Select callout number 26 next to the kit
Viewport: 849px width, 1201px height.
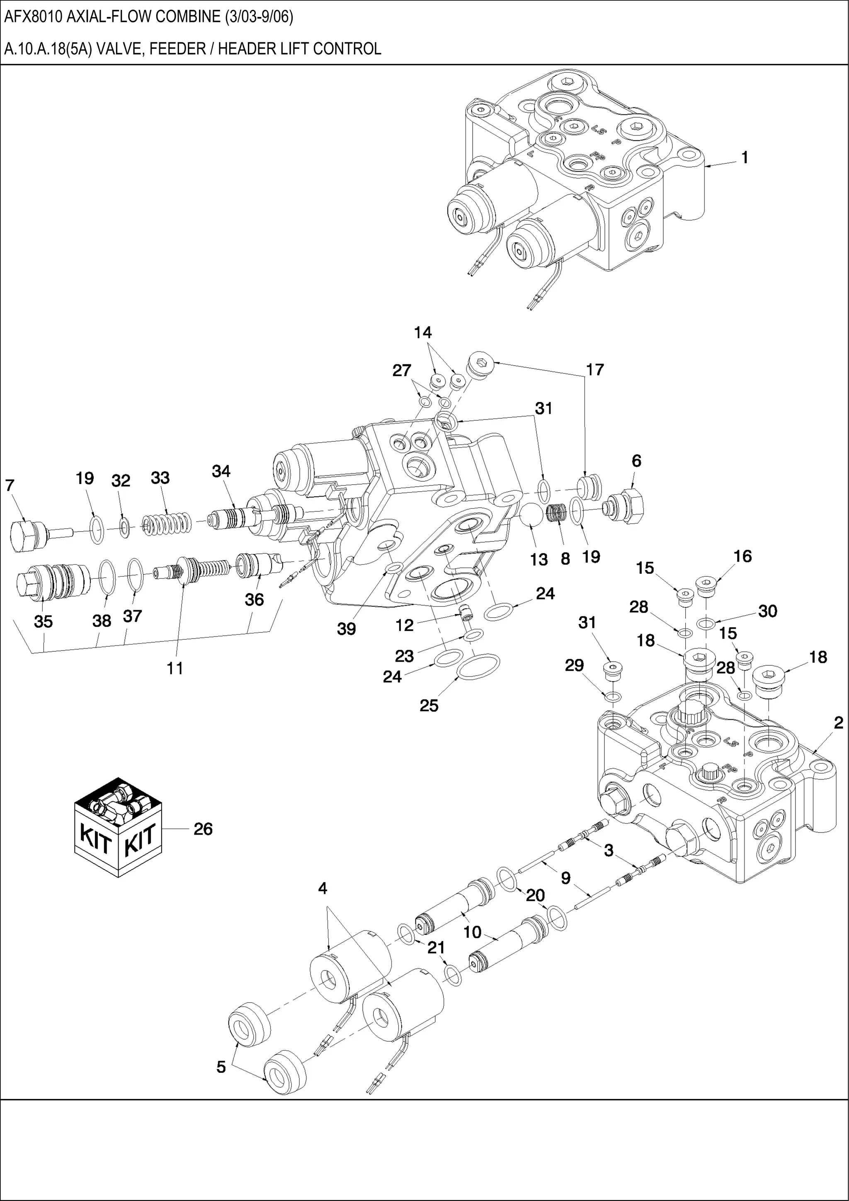203,829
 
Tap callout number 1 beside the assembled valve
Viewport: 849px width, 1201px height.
745,158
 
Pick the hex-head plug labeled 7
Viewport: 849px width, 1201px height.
27,535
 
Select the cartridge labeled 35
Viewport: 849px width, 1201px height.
52,580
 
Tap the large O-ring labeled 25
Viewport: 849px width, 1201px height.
478,666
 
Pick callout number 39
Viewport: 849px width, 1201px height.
346,629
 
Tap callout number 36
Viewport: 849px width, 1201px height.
254,599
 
